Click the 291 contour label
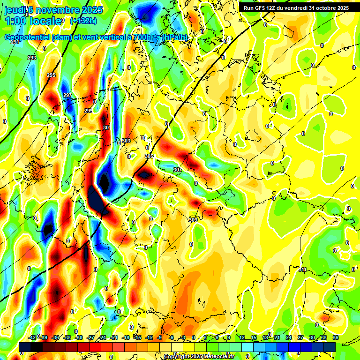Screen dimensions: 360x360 (15, 42)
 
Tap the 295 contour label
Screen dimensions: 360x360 (51, 75)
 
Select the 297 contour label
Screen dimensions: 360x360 (67, 95)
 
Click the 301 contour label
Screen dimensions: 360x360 (107, 127)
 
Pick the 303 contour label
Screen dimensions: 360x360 (126, 141)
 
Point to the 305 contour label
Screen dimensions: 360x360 (149, 156)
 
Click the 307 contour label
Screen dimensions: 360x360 (177, 170)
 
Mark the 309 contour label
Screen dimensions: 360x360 (193, 219)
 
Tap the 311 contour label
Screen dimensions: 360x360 (303, 270)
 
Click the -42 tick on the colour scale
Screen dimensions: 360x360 (32, 337)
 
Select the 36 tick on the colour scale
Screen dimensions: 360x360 (336, 337)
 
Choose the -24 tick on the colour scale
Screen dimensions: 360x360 (102, 337)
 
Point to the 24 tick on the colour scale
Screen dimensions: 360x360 (289, 337)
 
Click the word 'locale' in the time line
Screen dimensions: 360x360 (45, 21)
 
